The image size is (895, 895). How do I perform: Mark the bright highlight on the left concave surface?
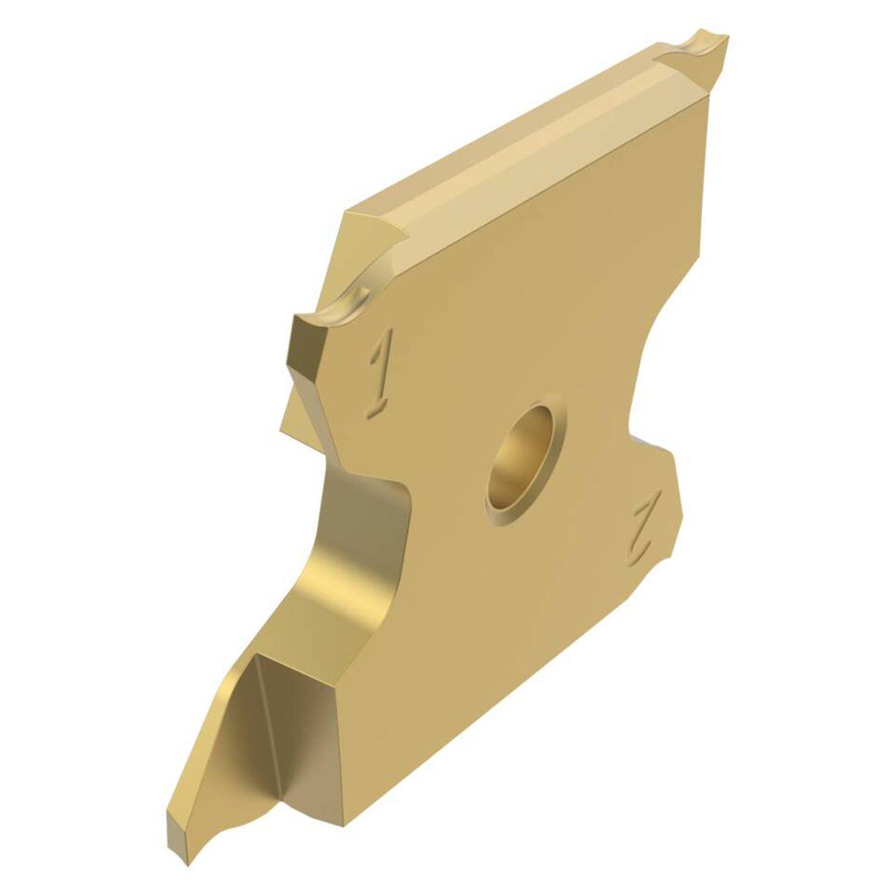click(346, 580)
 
